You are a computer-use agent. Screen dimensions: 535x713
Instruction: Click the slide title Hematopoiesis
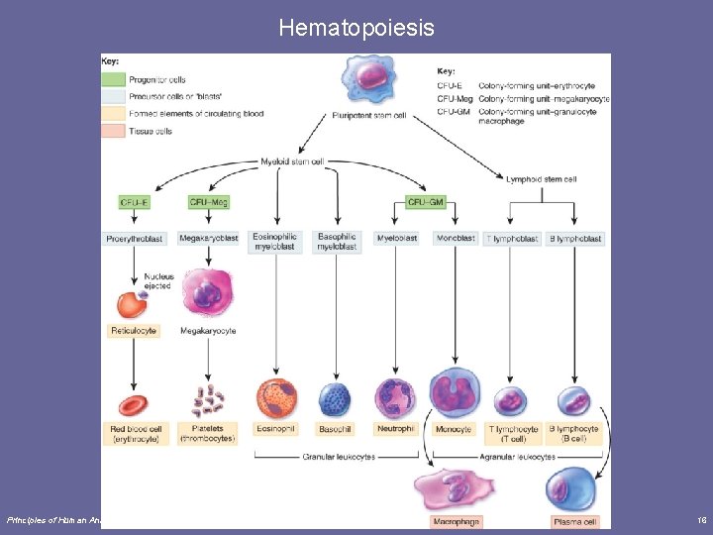(x=356, y=28)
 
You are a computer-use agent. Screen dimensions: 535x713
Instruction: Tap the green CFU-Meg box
(x=209, y=202)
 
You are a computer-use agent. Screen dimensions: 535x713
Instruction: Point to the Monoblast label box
(x=454, y=239)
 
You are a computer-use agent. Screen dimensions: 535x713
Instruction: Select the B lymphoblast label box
(x=575, y=239)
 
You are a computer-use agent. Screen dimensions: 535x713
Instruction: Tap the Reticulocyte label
(x=133, y=331)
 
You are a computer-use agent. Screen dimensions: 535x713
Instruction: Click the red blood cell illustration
(x=133, y=404)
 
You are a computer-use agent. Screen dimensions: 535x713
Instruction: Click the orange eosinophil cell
(x=276, y=398)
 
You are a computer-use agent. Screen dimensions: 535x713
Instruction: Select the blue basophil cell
(x=335, y=399)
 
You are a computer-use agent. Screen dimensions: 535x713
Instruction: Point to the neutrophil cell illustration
(x=394, y=397)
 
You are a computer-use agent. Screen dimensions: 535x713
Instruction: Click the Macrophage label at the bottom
(x=455, y=521)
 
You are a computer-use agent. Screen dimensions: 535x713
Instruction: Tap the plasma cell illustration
(x=572, y=489)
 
